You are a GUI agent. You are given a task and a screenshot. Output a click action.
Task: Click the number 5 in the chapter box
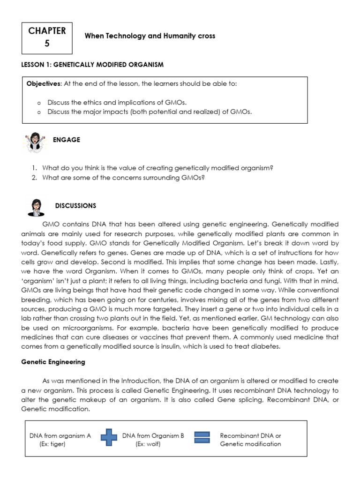(x=47, y=44)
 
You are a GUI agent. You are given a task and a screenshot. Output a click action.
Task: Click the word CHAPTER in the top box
(x=47, y=30)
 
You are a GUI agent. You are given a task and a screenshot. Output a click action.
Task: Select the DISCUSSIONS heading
(x=75, y=206)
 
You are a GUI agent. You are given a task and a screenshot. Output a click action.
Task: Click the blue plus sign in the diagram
(x=108, y=438)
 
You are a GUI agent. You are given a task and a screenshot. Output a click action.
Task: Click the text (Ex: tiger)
(x=52, y=444)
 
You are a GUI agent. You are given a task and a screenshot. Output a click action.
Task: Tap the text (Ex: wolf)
(x=148, y=444)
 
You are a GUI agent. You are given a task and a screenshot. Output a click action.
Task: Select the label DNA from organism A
(x=60, y=435)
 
